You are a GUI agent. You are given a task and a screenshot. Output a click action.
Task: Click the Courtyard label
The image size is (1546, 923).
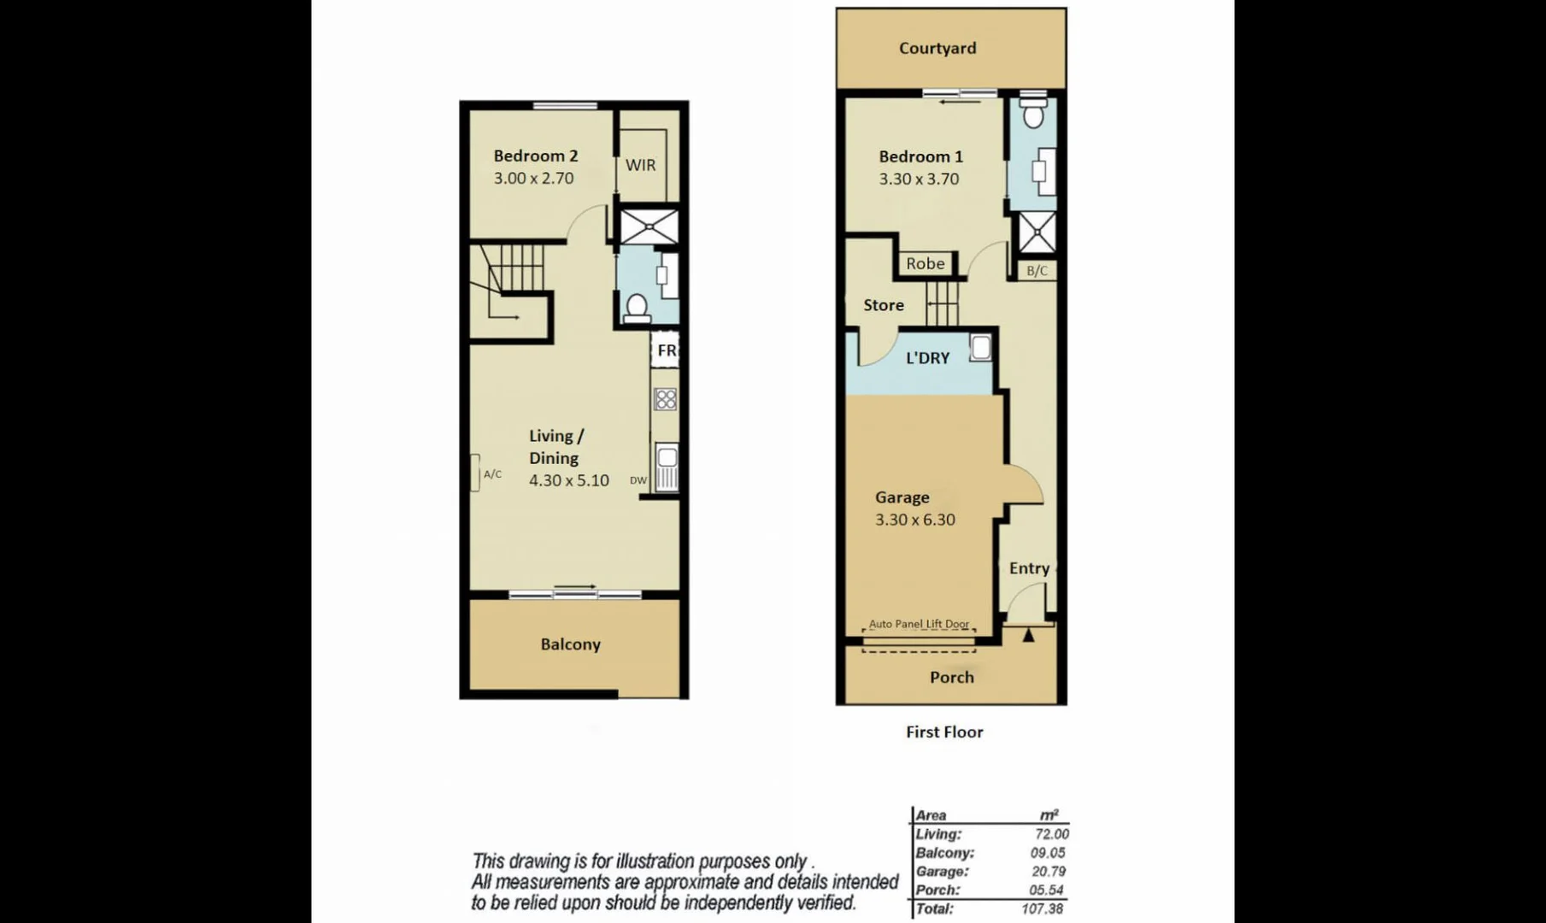pyautogui.click(x=937, y=49)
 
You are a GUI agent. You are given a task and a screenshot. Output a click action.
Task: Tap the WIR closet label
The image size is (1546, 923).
pyautogui.click(x=640, y=165)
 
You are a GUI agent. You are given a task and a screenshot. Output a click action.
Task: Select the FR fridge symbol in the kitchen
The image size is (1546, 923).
pyautogui.click(x=666, y=350)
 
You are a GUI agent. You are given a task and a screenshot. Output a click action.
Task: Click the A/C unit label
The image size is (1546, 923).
pyautogui.click(x=492, y=474)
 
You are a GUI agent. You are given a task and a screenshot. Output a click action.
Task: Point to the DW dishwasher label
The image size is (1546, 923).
pyautogui.click(x=638, y=480)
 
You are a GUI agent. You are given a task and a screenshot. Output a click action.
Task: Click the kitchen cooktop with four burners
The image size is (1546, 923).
pyautogui.click(x=666, y=398)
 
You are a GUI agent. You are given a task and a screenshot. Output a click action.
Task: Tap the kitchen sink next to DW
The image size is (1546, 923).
pyautogui.click(x=667, y=467)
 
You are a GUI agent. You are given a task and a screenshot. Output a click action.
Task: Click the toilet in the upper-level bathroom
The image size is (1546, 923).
pyautogui.click(x=637, y=307)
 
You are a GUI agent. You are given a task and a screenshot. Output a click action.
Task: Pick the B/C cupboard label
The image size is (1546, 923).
pyautogui.click(x=1037, y=271)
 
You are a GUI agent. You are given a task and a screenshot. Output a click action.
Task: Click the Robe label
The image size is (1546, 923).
pyautogui.click(x=926, y=264)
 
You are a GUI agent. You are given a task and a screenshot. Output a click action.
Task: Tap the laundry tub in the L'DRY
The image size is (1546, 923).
pyautogui.click(x=980, y=348)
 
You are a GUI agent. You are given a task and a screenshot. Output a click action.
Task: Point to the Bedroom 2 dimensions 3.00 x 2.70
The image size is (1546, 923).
pyautogui.click(x=533, y=179)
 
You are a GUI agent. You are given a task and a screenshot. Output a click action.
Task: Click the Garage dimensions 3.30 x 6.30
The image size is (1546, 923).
pyautogui.click(x=914, y=520)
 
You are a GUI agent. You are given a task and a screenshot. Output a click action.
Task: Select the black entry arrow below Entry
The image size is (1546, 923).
pyautogui.click(x=1028, y=635)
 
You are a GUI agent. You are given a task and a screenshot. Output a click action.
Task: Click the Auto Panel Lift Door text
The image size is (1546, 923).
pyautogui.click(x=919, y=624)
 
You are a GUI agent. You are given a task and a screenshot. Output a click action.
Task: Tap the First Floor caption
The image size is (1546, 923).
pyautogui.click(x=944, y=732)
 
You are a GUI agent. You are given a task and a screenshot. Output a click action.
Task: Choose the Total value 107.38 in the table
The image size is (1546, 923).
pyautogui.click(x=1042, y=908)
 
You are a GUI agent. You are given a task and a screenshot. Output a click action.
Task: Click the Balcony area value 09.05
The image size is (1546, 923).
pyautogui.click(x=1047, y=853)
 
